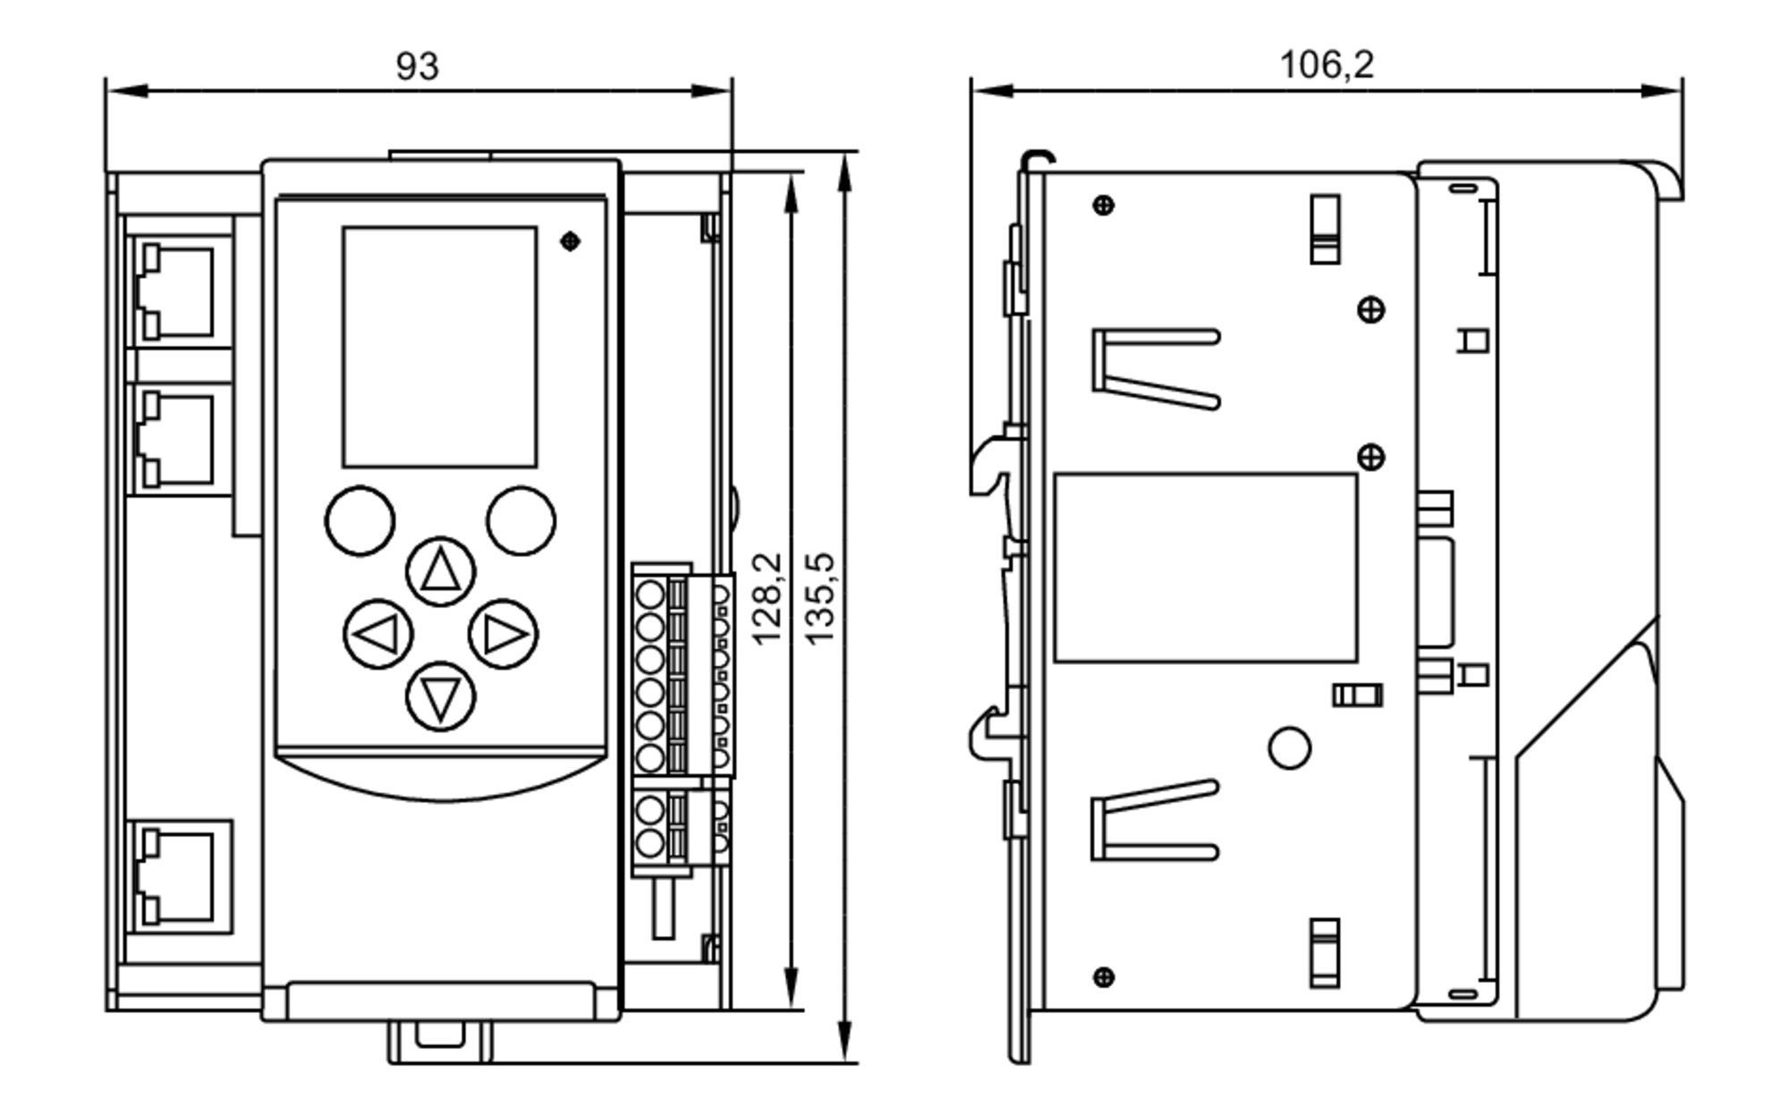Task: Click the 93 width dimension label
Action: tap(417, 67)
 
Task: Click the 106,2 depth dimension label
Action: tap(1326, 65)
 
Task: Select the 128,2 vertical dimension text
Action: tap(767, 598)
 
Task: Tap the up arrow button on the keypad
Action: tap(440, 571)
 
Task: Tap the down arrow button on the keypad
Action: tap(440, 697)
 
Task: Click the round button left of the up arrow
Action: tap(360, 520)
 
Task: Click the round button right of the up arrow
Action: tap(521, 520)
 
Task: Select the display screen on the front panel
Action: tap(439, 347)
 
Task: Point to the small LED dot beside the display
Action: tap(570, 241)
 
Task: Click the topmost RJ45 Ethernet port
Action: tap(178, 292)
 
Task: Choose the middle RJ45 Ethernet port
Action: tap(178, 439)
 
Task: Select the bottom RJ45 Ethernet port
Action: tap(178, 876)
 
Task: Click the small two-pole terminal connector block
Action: tap(680, 826)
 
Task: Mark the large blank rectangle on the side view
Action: tap(1205, 568)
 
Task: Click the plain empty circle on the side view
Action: tap(1289, 748)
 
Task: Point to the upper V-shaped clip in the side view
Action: tap(1154, 368)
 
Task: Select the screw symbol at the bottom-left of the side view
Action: tap(1104, 976)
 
